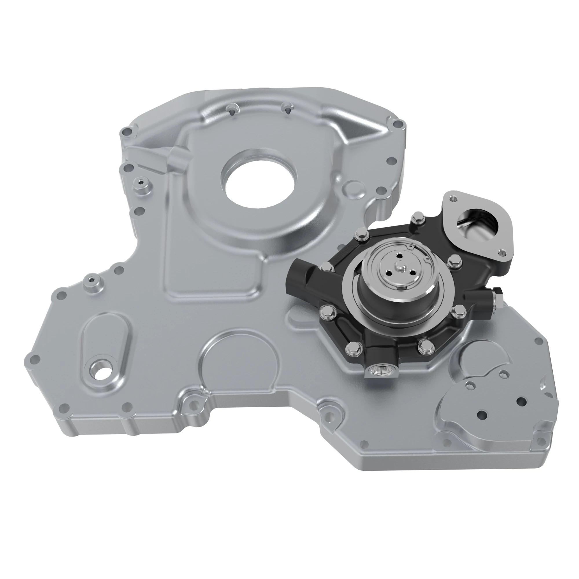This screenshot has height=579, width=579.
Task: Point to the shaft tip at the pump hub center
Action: coord(400,265)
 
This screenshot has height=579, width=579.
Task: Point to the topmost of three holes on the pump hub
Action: coord(400,255)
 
